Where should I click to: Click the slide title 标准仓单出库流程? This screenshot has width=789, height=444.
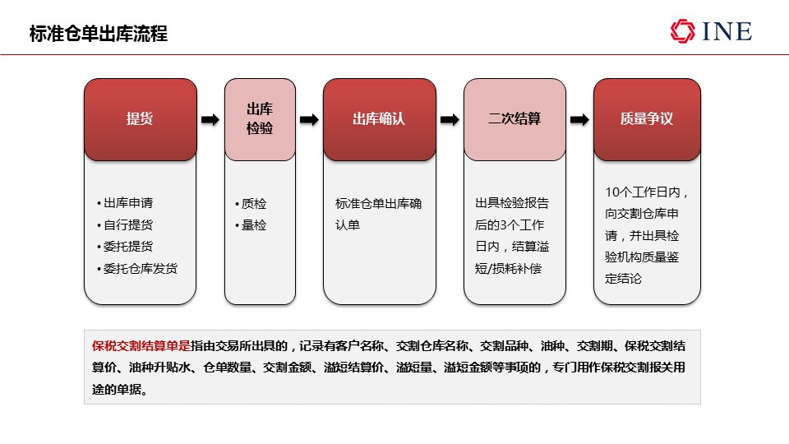[99, 34]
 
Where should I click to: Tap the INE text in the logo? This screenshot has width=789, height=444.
[727, 32]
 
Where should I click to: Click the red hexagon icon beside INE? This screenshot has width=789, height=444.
[683, 31]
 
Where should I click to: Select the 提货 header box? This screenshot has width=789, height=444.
[141, 120]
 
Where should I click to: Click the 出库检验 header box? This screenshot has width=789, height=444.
[261, 120]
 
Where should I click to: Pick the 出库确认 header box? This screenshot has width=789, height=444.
[380, 120]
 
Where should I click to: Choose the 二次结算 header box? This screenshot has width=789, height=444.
[514, 120]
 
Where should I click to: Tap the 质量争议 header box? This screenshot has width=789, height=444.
[647, 120]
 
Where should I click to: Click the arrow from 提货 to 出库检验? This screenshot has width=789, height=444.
[210, 120]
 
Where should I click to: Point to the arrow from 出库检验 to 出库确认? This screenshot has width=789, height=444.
[310, 120]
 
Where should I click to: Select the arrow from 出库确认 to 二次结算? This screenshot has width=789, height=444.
[450, 120]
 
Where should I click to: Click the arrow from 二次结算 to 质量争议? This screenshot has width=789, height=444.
[579, 120]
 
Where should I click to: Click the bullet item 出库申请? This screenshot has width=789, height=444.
[125, 203]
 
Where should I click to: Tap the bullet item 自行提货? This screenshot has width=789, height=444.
[125, 224]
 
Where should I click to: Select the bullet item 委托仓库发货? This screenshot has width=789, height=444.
[137, 268]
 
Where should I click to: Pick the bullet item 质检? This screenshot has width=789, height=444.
[251, 203]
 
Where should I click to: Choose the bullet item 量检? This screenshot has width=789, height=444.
[251, 225]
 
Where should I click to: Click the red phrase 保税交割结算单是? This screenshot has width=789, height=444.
[141, 346]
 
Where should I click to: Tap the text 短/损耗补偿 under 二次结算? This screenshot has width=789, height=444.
[508, 268]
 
